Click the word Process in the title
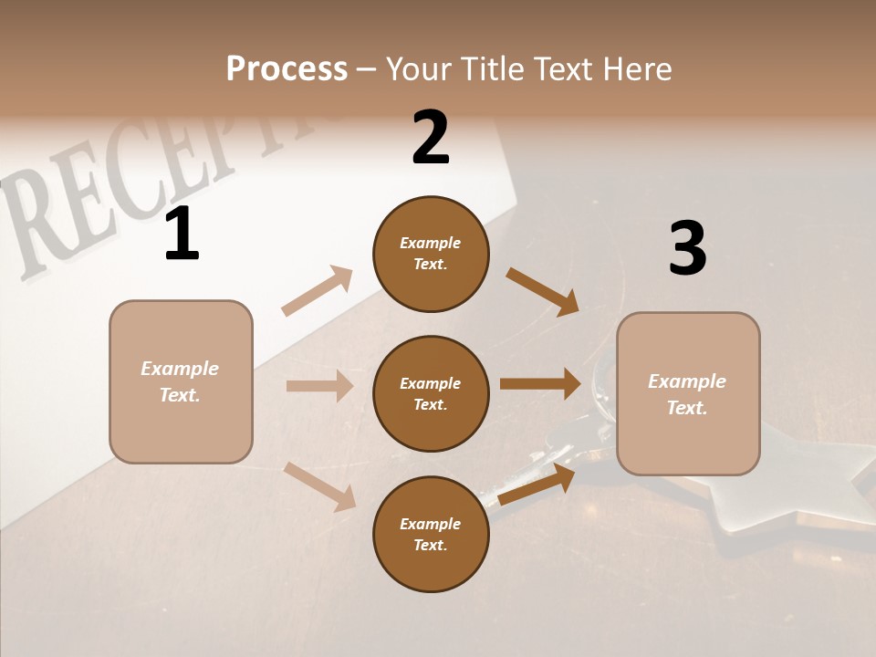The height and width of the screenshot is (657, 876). click(x=287, y=68)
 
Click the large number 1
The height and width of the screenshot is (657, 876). click(x=182, y=235)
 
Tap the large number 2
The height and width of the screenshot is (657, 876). click(x=431, y=138)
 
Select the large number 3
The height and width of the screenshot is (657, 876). click(x=687, y=249)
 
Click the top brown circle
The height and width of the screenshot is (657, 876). click(x=431, y=254)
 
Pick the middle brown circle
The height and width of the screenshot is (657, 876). click(x=431, y=393)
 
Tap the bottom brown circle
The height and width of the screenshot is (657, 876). click(x=431, y=535)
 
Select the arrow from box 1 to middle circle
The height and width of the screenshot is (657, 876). click(x=319, y=386)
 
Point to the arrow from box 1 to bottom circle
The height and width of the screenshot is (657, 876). click(x=320, y=486)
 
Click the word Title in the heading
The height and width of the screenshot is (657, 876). click(x=492, y=68)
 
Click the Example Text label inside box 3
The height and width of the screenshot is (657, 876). click(x=687, y=394)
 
